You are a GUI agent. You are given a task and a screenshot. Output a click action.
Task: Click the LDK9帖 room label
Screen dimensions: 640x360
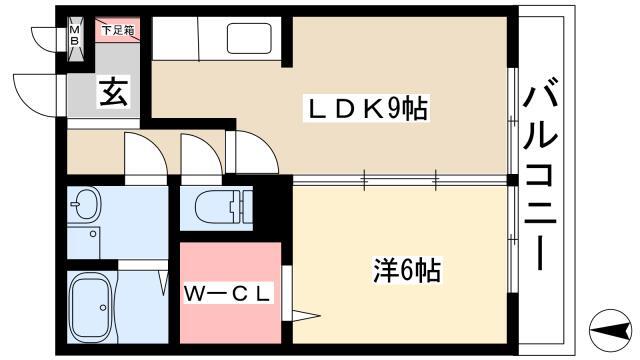[x=366, y=109]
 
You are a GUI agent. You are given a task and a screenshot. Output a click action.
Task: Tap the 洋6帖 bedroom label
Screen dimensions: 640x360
[x=407, y=270]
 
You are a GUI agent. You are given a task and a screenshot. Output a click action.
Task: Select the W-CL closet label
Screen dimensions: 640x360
[x=227, y=293]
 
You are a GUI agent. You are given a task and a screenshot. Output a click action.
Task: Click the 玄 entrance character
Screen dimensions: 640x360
[x=113, y=93]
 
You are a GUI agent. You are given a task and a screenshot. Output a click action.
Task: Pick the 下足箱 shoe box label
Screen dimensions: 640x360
[x=118, y=29]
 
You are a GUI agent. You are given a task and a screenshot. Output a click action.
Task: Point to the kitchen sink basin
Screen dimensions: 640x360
[x=249, y=38]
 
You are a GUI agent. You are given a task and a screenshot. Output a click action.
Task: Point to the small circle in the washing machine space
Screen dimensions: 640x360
[x=93, y=234]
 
